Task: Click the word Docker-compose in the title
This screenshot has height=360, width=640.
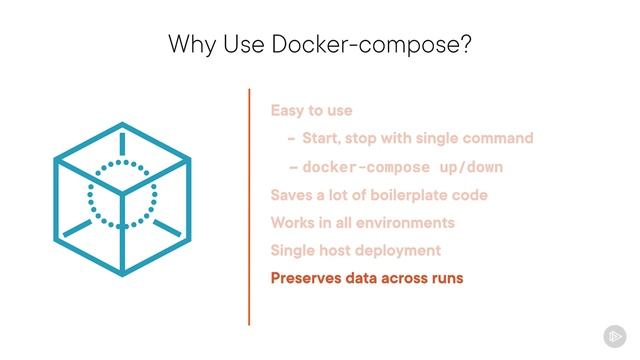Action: click(362, 44)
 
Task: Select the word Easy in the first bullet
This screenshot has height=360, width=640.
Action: click(288, 110)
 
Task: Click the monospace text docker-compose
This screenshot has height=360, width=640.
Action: click(365, 167)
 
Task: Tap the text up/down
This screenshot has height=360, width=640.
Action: click(469, 167)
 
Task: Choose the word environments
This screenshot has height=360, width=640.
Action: click(407, 222)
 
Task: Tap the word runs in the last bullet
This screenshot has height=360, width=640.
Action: click(446, 277)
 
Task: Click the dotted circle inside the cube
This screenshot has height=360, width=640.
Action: click(122, 194)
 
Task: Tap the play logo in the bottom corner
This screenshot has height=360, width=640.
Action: click(613, 335)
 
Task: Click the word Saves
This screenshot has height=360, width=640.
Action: click(292, 194)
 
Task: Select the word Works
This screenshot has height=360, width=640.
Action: click(294, 222)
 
